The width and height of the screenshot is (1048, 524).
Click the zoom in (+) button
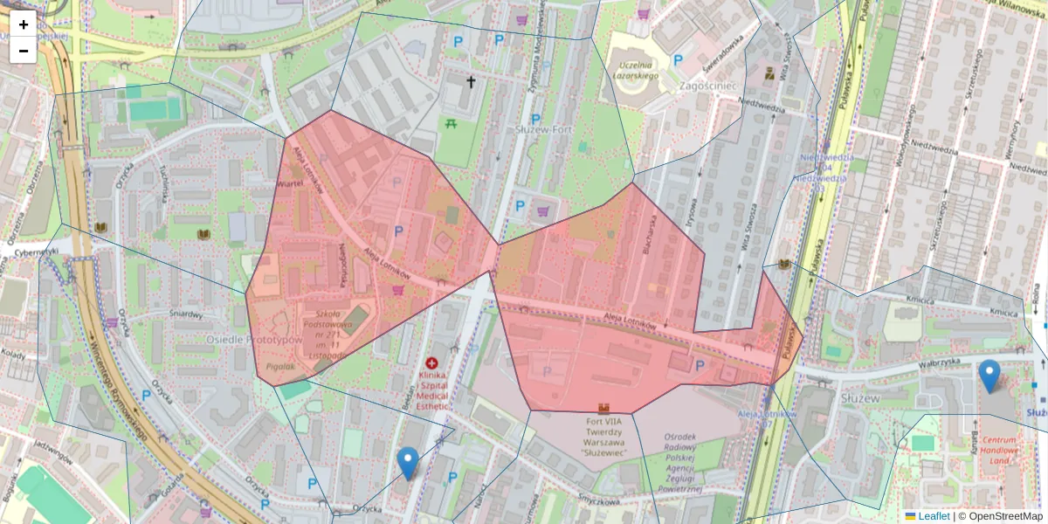[24, 24]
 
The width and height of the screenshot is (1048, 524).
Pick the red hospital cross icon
[431, 362]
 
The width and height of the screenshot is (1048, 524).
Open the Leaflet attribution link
[934, 516]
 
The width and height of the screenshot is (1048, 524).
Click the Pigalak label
[280, 367]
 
